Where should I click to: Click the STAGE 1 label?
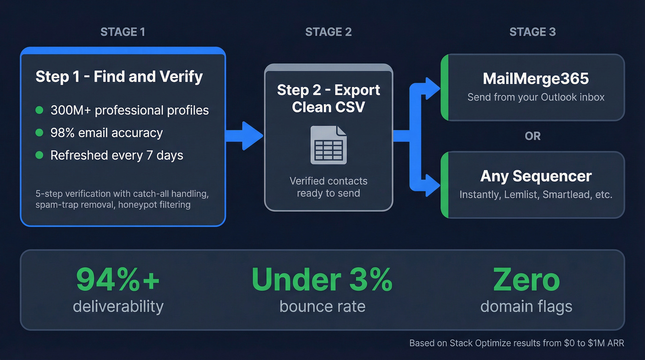[123, 32]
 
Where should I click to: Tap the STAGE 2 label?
[328, 32]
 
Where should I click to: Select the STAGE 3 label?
[533, 32]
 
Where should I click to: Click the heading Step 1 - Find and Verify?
[119, 76]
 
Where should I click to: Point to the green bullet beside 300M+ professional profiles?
[40, 110]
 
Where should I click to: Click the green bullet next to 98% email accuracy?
[40, 133]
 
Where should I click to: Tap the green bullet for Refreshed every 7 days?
[40, 155]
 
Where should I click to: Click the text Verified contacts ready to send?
[328, 187]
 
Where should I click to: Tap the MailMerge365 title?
[536, 78]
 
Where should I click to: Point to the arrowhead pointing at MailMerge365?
[433, 88]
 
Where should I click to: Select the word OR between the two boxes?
[533, 136]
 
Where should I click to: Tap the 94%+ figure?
[118, 280]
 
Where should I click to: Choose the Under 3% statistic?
[322, 280]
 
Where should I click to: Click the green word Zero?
[526, 280]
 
